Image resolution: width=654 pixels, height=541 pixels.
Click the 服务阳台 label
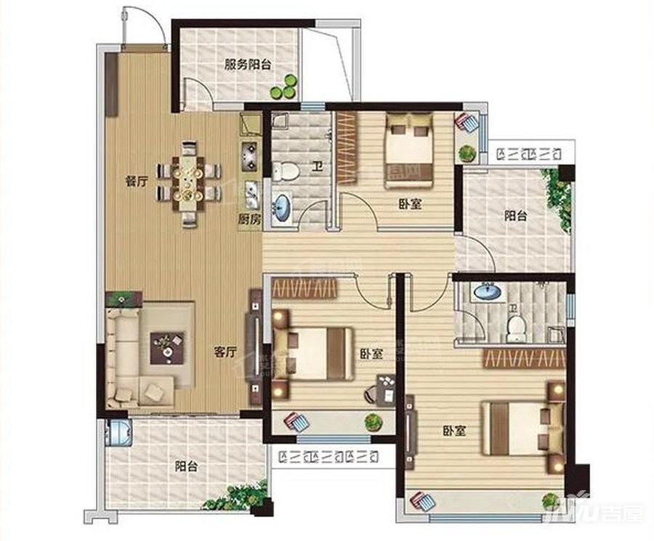click(x=247, y=64)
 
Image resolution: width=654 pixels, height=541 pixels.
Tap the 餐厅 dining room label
click(x=136, y=182)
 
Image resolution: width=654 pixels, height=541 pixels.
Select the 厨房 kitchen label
click(x=249, y=218)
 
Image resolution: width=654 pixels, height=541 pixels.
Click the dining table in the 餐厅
click(x=189, y=182)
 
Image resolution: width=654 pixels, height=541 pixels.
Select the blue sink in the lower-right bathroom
click(x=485, y=292)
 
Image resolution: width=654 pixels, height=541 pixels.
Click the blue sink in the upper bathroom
click(x=280, y=208)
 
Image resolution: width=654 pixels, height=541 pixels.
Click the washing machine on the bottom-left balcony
click(x=116, y=432)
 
